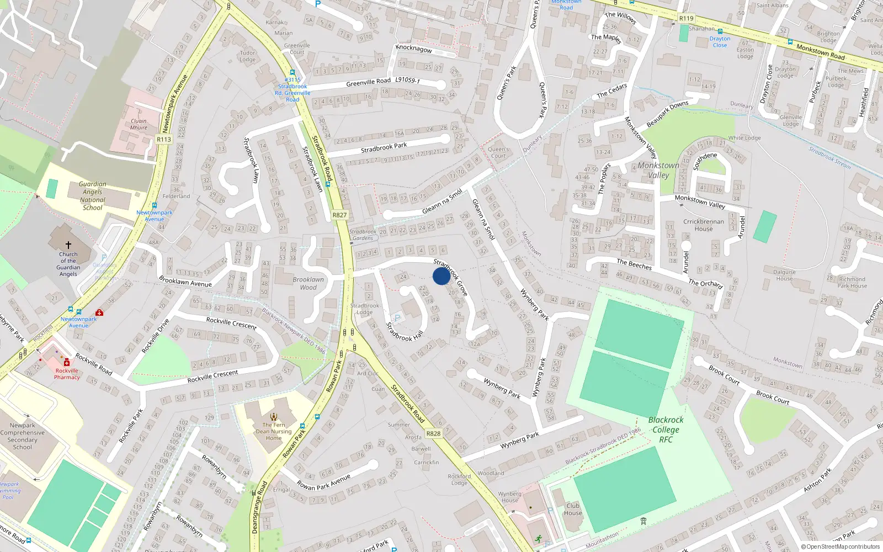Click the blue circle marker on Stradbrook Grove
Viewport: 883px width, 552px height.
(441, 276)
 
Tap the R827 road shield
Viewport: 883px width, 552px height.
(339, 215)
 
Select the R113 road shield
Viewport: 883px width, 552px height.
(164, 140)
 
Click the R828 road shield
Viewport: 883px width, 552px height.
(433, 434)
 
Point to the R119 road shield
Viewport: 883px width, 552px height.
(686, 19)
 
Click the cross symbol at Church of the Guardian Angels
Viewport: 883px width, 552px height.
(68, 245)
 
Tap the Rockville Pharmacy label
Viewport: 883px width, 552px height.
(67, 374)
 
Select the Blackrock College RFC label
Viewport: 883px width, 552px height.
(666, 429)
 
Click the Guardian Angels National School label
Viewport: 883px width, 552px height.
(93, 196)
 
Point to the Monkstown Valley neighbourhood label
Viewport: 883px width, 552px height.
(658, 170)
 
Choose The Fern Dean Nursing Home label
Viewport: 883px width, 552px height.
(274, 431)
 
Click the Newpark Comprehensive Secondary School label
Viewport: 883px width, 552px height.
(23, 436)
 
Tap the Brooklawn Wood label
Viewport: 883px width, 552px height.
(308, 283)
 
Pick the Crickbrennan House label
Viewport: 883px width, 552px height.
(704, 225)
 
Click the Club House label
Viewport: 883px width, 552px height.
(573, 509)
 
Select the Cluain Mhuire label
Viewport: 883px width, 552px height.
(139, 124)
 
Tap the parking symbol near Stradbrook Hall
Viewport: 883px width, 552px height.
(397, 319)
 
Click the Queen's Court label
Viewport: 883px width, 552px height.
(498, 152)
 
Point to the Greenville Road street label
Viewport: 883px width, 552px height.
(368, 82)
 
